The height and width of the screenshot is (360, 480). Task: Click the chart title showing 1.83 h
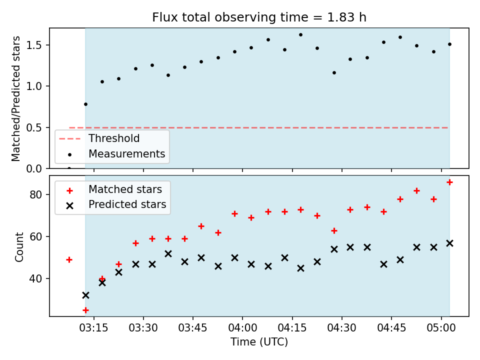[259, 17]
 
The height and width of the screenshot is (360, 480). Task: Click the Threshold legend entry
[114, 138]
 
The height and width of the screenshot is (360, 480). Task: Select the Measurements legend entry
[126, 153]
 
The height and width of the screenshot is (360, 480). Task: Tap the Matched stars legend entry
[125, 189]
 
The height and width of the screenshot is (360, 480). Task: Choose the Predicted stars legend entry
[127, 204]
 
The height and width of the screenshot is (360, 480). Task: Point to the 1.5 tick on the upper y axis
[33, 45]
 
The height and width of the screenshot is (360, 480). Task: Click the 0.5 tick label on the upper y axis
[33, 127]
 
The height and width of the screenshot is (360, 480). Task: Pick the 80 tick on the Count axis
[35, 194]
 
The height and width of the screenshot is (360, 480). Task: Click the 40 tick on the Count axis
[35, 278]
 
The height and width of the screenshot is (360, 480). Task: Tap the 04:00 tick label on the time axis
[242, 328]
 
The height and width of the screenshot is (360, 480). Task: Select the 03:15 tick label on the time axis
[93, 328]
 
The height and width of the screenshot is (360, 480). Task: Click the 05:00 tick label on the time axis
[441, 328]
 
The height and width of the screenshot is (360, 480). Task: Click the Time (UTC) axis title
[259, 341]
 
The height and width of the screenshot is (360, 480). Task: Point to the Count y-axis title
[19, 247]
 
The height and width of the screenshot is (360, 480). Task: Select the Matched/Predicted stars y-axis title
[16, 98]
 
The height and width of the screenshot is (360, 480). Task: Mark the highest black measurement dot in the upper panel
[300, 35]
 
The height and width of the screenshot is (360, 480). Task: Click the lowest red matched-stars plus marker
[85, 310]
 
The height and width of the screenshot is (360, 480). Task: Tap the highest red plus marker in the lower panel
[449, 182]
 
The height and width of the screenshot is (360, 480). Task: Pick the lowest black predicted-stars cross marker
[85, 295]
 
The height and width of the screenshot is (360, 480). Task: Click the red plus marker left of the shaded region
[69, 260]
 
